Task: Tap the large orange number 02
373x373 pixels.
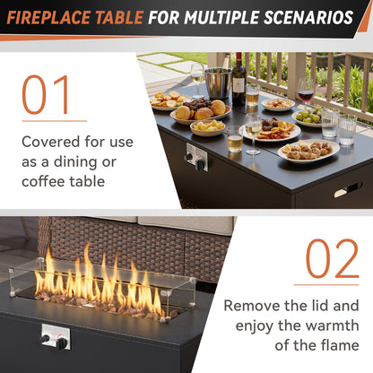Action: point(332,259)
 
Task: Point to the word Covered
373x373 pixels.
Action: point(50,142)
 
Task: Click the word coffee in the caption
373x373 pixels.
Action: point(46,181)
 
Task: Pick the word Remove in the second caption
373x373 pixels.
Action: point(252,305)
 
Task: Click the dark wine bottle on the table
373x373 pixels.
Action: point(239,82)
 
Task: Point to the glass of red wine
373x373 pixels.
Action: point(307,91)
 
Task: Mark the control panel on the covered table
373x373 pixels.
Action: point(196,157)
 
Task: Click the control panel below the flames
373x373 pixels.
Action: point(55,337)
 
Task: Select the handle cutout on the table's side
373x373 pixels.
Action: point(347,189)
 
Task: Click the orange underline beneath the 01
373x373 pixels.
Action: point(54,120)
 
